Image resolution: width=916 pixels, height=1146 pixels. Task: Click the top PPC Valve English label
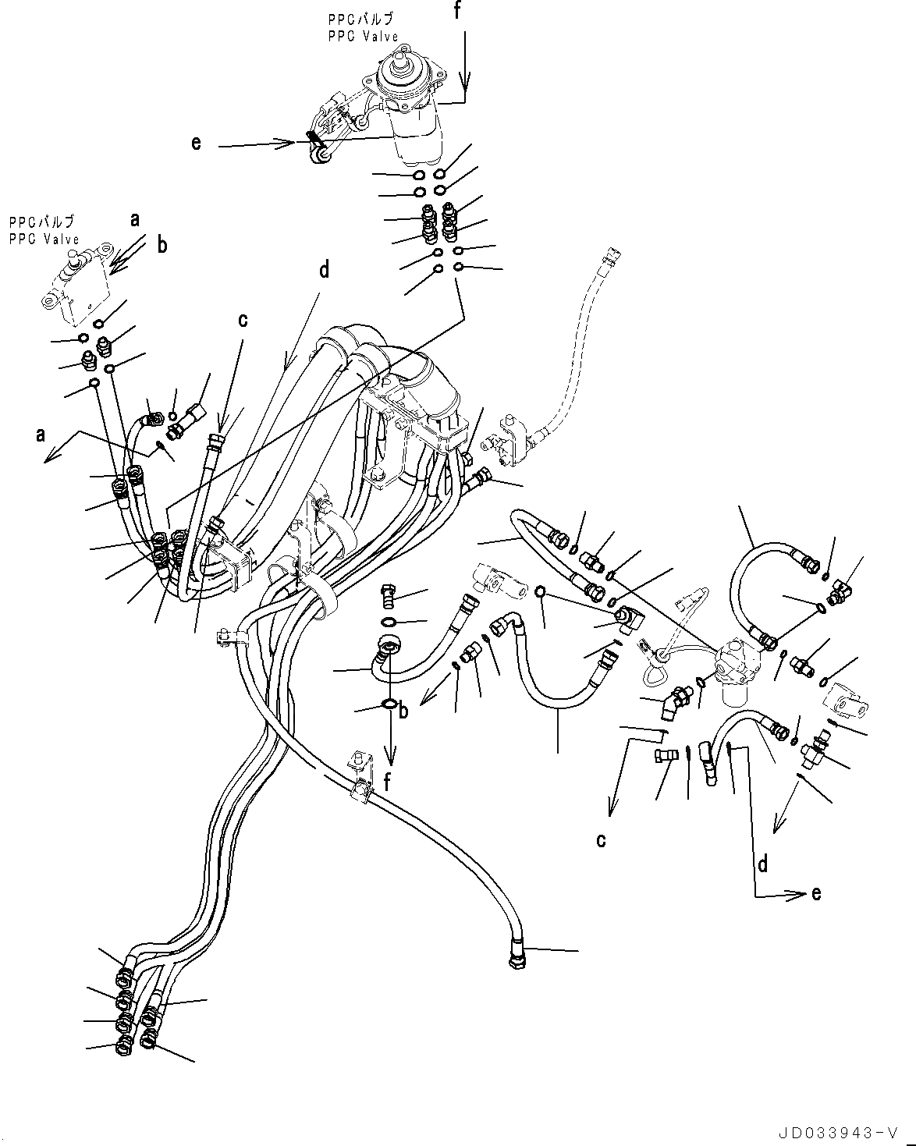[x=364, y=36]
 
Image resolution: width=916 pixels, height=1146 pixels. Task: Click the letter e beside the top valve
[x=196, y=143]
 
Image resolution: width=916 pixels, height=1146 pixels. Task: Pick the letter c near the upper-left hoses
[x=243, y=320]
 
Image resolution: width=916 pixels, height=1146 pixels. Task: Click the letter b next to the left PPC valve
[x=162, y=245]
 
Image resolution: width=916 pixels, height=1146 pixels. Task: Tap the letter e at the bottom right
[x=816, y=893]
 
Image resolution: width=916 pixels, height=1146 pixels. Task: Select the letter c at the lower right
[x=601, y=840]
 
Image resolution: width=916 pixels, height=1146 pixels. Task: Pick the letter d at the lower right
[x=763, y=863]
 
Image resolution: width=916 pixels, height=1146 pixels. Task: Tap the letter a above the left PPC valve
[x=135, y=220]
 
